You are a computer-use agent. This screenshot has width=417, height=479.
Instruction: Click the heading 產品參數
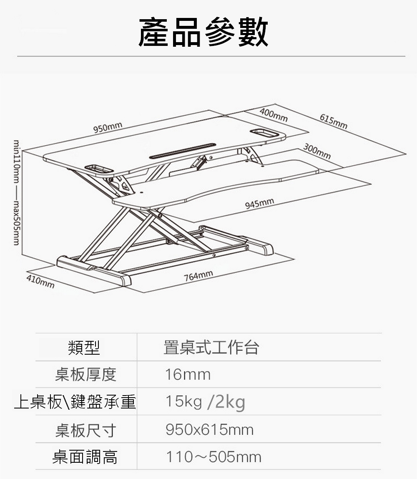click(x=203, y=32)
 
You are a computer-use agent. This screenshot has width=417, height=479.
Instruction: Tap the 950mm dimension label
click(x=108, y=127)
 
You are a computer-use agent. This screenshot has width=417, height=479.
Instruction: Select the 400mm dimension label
click(x=273, y=115)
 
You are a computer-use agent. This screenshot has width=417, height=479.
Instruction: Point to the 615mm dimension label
click(x=333, y=121)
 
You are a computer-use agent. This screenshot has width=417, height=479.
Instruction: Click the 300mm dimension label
click(x=317, y=151)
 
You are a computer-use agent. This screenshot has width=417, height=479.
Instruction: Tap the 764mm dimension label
click(x=198, y=275)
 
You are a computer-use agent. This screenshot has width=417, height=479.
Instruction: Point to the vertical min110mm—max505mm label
click(x=17, y=192)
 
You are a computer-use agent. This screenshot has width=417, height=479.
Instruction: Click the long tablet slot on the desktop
click(x=183, y=151)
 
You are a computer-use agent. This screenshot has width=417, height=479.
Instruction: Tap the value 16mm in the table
click(x=188, y=375)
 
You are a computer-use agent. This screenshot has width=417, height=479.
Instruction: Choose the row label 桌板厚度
click(x=85, y=375)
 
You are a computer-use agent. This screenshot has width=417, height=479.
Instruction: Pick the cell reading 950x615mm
click(x=209, y=429)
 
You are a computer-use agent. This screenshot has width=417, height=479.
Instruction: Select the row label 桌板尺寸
click(x=85, y=430)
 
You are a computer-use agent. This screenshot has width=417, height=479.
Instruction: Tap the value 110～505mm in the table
click(x=214, y=457)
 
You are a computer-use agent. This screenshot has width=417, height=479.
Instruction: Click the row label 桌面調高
click(x=85, y=457)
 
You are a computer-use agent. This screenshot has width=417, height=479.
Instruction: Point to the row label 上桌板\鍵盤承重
click(x=75, y=402)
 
